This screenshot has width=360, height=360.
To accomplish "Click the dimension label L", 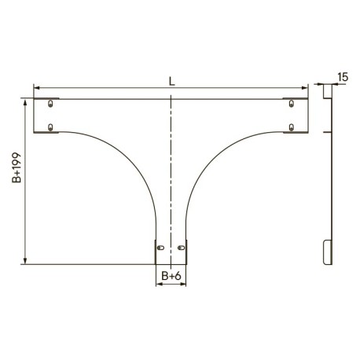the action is (x=171, y=82).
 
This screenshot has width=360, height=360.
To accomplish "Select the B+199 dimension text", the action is (x=17, y=167).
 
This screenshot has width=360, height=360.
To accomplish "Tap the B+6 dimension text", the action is (x=171, y=276).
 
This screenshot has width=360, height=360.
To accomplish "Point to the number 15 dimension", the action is (x=343, y=77).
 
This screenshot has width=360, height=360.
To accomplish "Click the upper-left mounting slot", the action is (x=50, y=103).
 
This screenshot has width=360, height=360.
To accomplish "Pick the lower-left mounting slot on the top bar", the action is (x=50, y=127).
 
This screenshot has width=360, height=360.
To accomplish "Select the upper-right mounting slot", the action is (x=291, y=103).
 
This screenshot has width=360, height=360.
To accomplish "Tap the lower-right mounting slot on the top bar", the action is (x=291, y=127).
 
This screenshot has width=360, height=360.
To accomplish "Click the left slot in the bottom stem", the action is (x=160, y=248).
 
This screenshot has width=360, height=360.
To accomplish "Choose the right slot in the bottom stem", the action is (x=181, y=248).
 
